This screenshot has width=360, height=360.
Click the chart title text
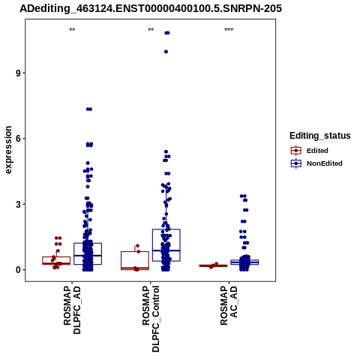click(151, 8)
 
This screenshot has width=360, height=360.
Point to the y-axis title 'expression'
click(8, 150)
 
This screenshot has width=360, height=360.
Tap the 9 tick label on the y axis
click(18, 73)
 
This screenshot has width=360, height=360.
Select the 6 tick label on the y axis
click(18, 139)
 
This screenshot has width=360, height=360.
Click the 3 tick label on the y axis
click(18, 204)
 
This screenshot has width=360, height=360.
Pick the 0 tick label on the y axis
click(18, 270)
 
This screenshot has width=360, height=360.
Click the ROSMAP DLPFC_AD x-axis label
click(72, 310)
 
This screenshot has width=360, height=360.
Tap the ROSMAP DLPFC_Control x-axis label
click(151, 319)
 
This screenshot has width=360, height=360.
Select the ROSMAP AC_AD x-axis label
click(229, 305)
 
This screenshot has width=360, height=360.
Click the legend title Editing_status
click(320, 136)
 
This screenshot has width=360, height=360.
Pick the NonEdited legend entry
click(316, 163)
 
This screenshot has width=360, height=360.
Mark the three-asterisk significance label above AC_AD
click(229, 30)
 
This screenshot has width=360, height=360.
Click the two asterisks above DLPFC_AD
click(72, 30)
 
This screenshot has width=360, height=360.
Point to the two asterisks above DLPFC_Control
click(151, 30)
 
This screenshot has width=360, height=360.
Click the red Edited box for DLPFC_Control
click(135, 252)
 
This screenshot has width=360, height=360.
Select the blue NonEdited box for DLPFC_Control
click(166, 229)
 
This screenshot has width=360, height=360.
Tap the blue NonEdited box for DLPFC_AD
click(88, 243)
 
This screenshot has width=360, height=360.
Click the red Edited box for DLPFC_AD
click(56, 257)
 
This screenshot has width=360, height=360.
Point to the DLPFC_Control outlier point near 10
click(166, 52)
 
